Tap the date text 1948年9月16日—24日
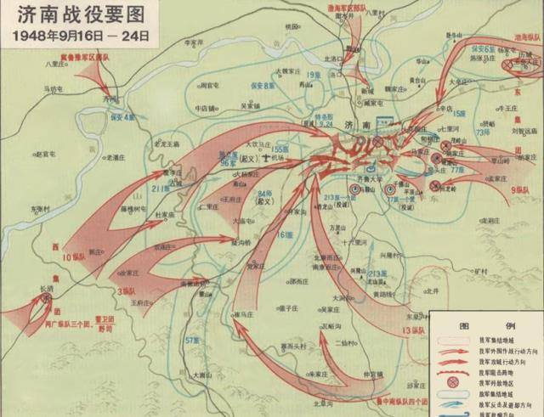click(76, 36)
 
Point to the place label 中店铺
click(207, 108)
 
